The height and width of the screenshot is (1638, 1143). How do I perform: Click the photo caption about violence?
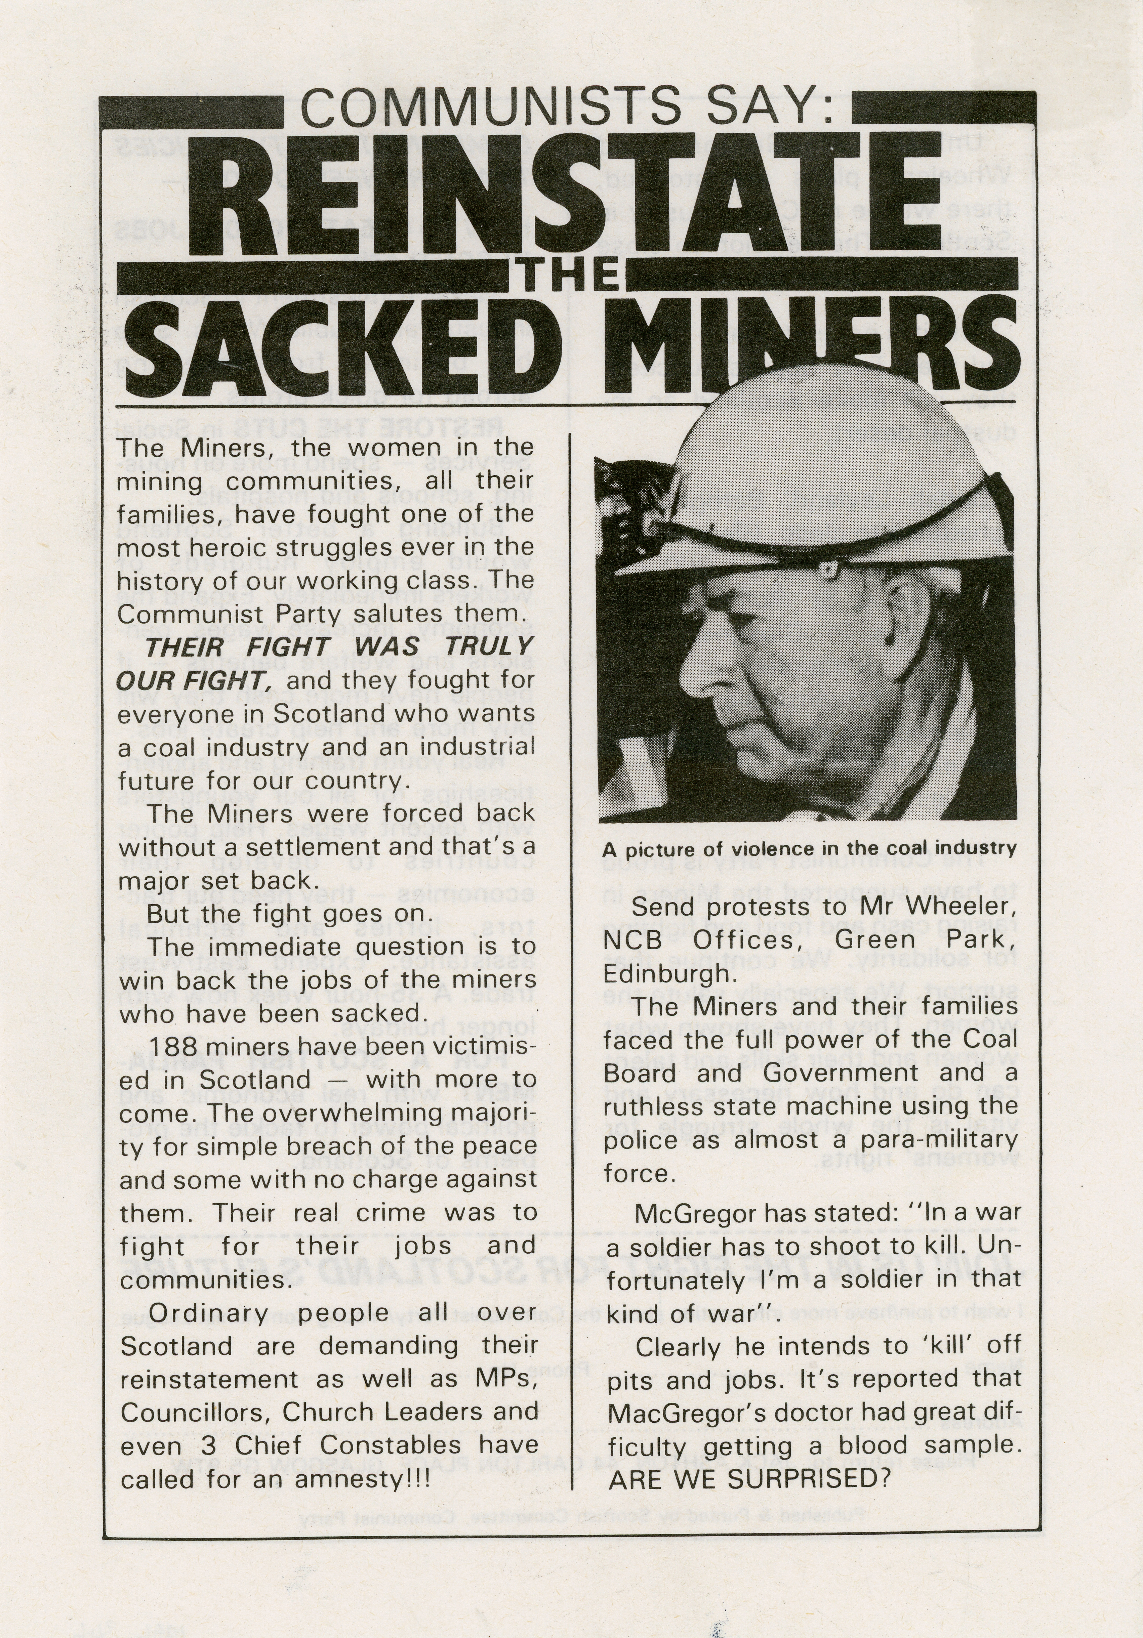click(808, 849)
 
